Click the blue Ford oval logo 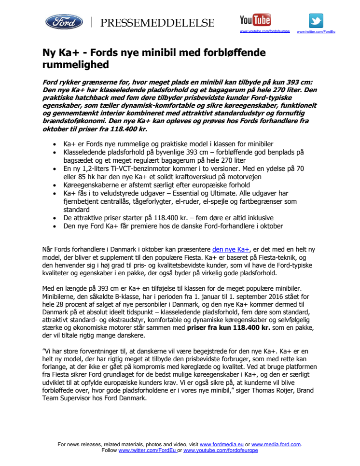tap(64, 22)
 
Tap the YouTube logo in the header tap(255, 20)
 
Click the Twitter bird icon tap(316, 20)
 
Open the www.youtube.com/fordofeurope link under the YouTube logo tap(265, 31)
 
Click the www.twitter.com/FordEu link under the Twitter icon tap(316, 31)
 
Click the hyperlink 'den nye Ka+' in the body tap(231, 249)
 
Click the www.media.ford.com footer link tap(276, 444)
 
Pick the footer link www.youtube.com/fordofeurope tap(221, 450)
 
